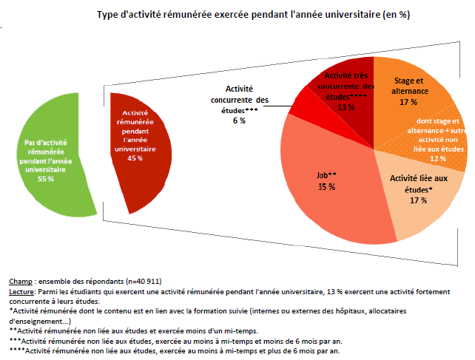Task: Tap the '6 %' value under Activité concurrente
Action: coord(239,120)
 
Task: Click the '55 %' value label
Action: coord(46,179)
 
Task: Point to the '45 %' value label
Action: coord(135,158)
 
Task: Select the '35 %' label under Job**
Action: coord(327,188)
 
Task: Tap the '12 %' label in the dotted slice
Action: coord(438,159)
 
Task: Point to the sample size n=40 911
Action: coord(140,282)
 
